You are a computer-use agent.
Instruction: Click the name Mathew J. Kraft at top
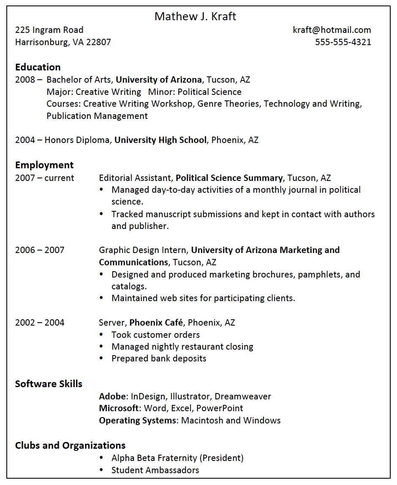pos(195,16)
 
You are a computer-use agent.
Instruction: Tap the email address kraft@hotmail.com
pos(332,30)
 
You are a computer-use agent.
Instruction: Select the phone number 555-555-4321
pos(343,42)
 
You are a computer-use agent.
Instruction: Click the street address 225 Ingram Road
pos(49,30)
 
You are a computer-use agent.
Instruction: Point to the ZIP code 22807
pos(98,42)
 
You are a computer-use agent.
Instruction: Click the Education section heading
pos(38,67)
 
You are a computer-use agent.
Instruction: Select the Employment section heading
pos(44,165)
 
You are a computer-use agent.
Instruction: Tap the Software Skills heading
pos(49,384)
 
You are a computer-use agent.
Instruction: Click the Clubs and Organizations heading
pos(70,445)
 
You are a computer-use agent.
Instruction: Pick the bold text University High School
pos(160,140)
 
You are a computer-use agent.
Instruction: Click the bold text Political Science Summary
pos(229,178)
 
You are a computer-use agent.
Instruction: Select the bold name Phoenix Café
pos(156,323)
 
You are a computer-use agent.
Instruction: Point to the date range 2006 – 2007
pos(40,250)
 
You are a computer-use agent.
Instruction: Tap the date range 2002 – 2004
pos(40,323)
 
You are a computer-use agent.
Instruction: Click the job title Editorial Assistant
pos(135,178)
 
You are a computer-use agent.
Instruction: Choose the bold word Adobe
pos(112,396)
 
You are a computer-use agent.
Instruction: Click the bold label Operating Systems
pos(137,420)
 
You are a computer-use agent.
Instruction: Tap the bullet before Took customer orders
pos(101,334)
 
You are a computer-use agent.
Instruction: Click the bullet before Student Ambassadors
pos(101,470)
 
